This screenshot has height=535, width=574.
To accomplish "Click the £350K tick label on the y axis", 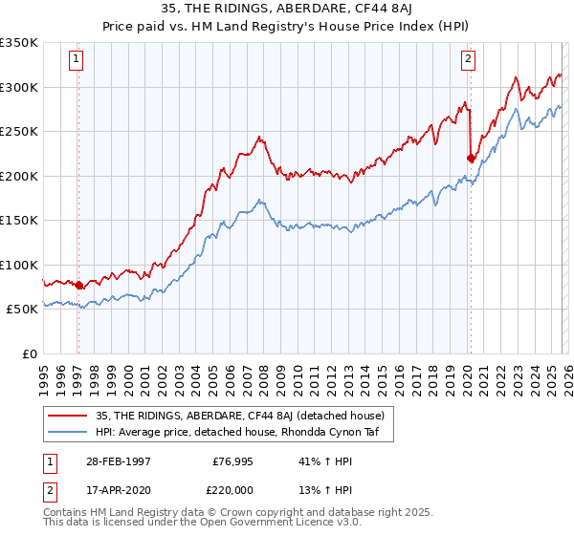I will [19, 43].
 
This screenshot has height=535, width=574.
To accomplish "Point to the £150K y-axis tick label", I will [19, 220].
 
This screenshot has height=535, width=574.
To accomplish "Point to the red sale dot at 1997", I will [78, 286].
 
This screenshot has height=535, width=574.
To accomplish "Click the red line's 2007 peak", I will [259, 137].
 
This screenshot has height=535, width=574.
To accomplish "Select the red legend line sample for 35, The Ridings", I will [68, 416].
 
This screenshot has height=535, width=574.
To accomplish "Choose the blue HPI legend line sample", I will [68, 431].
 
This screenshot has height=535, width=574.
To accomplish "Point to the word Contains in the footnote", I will [65, 515].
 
